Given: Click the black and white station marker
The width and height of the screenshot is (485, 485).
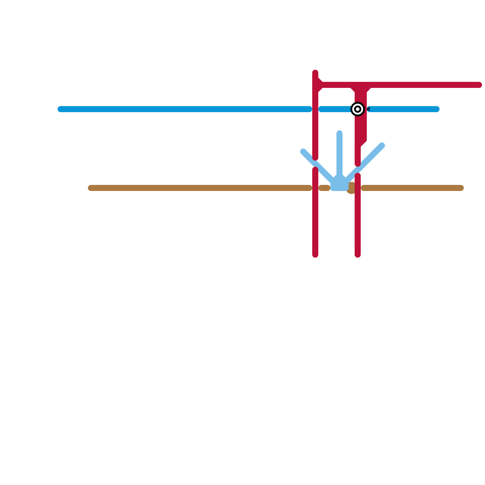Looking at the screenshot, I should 358,109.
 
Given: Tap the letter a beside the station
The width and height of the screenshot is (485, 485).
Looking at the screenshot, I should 368,109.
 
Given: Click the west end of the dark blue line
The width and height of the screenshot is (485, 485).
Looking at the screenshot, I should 60,109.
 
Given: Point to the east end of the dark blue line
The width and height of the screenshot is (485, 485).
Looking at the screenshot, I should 436,109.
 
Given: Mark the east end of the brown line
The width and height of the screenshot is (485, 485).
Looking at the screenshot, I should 461,188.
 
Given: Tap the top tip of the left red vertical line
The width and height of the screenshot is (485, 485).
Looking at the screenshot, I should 315,73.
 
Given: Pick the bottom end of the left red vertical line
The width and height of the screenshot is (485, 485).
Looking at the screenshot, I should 315,255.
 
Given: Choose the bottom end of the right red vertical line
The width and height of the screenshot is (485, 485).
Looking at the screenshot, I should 358,255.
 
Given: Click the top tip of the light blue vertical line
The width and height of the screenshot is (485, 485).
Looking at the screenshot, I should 339,133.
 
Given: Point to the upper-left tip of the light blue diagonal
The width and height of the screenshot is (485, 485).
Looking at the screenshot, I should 303,152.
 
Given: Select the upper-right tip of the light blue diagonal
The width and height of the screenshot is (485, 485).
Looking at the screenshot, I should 382,145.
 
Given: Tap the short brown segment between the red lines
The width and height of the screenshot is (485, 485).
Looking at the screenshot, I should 324,188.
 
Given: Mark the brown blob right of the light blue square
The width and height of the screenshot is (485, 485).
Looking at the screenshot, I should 351,188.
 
